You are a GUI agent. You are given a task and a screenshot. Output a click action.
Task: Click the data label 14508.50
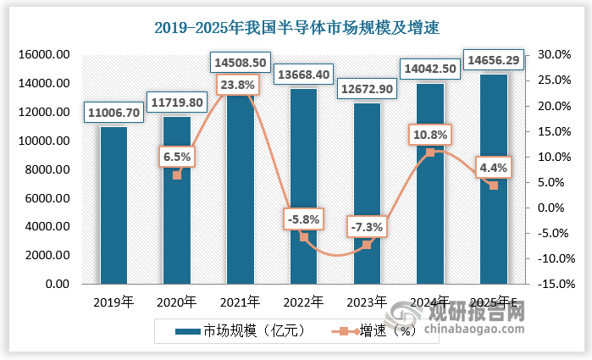241,62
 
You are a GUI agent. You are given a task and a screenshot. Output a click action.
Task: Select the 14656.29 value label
494,61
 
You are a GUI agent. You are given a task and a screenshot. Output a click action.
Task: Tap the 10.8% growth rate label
430,134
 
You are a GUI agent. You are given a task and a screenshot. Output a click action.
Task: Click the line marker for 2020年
177,175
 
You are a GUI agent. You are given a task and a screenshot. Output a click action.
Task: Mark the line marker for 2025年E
494,186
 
